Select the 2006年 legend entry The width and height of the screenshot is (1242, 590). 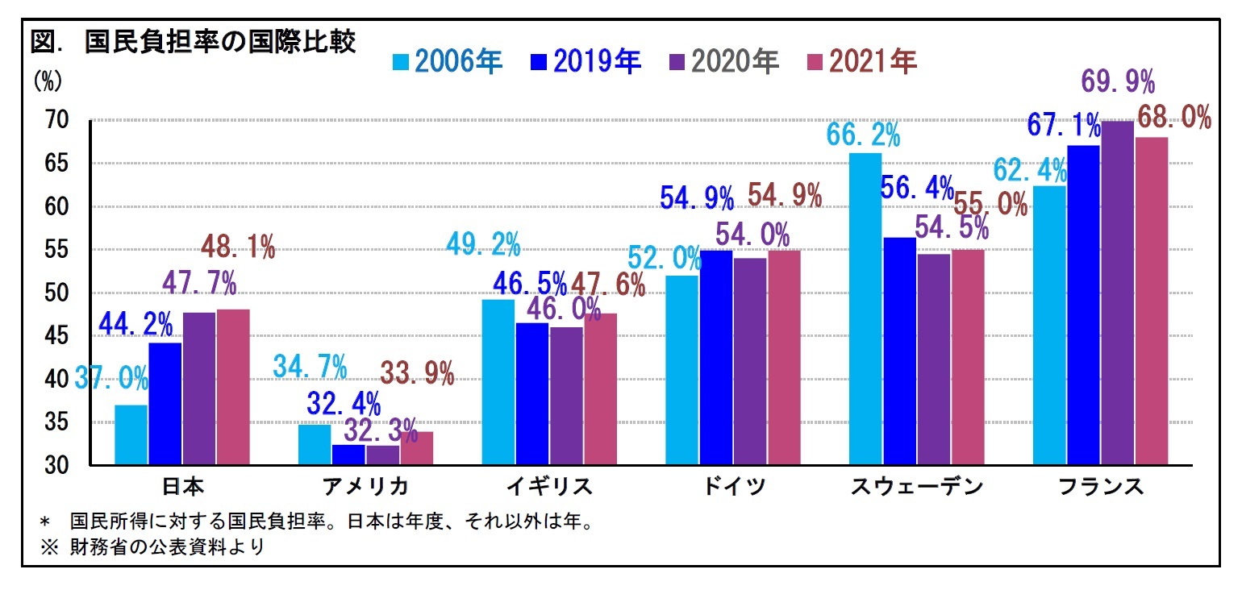448,62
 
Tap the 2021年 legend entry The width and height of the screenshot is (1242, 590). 862,62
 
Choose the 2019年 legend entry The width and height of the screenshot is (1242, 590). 586,62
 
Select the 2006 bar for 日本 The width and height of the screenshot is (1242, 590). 131,434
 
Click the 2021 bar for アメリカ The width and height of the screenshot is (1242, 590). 416,448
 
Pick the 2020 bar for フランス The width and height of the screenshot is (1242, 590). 1117,293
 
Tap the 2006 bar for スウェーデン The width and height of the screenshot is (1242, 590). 865,309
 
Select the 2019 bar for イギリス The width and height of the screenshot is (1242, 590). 532,393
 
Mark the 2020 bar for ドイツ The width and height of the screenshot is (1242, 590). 750,361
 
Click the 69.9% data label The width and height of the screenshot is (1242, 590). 1118,83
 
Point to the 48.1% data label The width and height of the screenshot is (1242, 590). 238,247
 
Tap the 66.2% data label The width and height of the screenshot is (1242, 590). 864,134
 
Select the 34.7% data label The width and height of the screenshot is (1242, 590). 310,366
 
